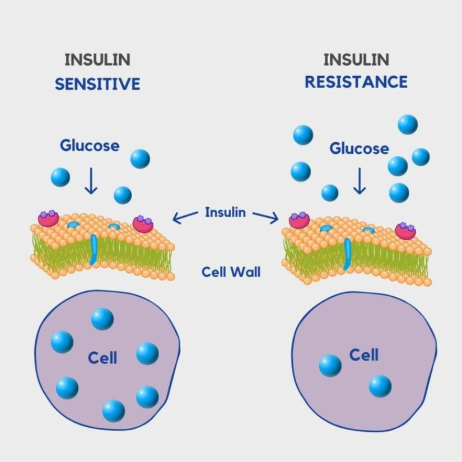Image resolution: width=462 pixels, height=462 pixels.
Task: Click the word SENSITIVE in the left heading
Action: pyautogui.click(x=97, y=85)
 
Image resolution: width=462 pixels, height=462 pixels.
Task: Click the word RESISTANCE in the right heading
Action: pyautogui.click(x=356, y=82)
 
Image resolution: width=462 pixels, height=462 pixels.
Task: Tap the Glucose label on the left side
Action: pyautogui.click(x=90, y=146)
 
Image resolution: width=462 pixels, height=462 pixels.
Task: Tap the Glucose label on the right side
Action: pyautogui.click(x=359, y=148)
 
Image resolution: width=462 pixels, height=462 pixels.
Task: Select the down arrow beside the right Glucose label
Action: pyautogui.click(x=359, y=180)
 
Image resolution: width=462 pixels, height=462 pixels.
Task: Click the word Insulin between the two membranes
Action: pyautogui.click(x=225, y=212)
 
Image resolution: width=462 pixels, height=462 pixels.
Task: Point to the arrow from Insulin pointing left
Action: pyautogui.click(x=185, y=217)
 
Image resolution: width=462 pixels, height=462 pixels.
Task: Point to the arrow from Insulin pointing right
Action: pyautogui.click(x=266, y=217)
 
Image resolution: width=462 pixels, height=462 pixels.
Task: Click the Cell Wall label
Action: pyautogui.click(x=231, y=273)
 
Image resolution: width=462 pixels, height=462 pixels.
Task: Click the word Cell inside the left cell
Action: pyautogui.click(x=102, y=357)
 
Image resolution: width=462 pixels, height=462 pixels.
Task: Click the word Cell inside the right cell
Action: pyautogui.click(x=364, y=354)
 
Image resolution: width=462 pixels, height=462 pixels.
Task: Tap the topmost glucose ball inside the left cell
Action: pyautogui.click(x=102, y=319)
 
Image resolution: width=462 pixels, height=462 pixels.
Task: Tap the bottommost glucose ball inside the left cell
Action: pyautogui.click(x=114, y=410)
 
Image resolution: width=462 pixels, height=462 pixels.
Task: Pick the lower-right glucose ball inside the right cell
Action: pyautogui.click(x=380, y=386)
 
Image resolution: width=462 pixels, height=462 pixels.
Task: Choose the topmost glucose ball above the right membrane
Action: pyautogui.click(x=408, y=124)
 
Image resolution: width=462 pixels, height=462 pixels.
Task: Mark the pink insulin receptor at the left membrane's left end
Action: pyautogui.click(x=49, y=218)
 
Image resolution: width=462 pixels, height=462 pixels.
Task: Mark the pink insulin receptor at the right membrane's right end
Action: pyautogui.click(x=405, y=230)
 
